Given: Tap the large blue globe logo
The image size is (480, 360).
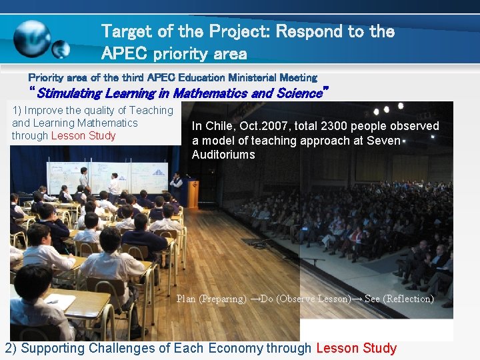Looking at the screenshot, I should [x=32, y=37].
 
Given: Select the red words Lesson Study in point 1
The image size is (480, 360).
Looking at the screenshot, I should [x=83, y=136].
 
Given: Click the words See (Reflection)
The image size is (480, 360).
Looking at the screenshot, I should [x=399, y=299].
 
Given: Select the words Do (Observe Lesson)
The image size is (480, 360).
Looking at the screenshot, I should [x=304, y=299].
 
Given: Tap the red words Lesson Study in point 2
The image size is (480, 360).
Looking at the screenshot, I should [x=356, y=348].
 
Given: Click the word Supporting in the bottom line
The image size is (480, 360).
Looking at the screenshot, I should [x=51, y=348].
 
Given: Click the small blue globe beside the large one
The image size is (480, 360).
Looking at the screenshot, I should [x=61, y=49].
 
